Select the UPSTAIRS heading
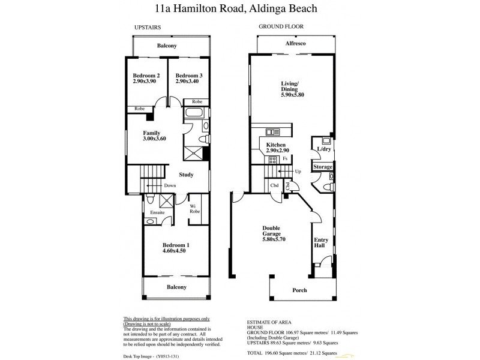pos(147,27)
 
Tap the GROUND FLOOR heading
pos(281,27)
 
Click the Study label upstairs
pos(186,175)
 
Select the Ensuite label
pos(157,212)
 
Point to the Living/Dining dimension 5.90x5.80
pos(293,95)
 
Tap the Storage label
pos(323,166)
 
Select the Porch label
pos(299,290)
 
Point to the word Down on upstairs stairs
pos(170,185)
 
